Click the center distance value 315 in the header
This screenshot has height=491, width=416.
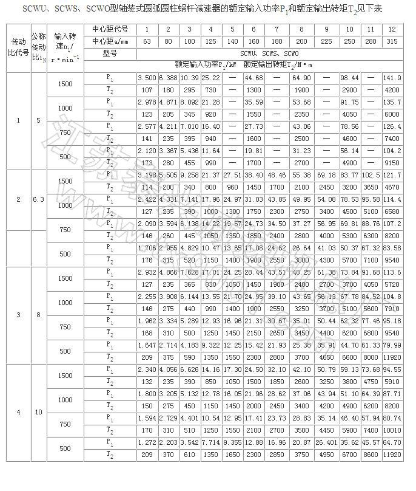coord(392,41)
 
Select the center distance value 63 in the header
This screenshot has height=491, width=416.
coord(147,41)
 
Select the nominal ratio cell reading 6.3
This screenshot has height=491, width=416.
coord(38,199)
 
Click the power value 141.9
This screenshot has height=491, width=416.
coord(392,78)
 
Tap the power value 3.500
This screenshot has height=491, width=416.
coord(147,78)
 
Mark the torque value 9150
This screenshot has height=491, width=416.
coord(392,163)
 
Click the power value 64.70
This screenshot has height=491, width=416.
coord(392,442)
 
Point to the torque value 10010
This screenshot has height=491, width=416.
coord(392,430)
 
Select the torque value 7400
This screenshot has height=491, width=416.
coord(392,138)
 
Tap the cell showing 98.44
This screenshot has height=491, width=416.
coord(349,78)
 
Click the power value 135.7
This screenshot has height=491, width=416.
coord(392,102)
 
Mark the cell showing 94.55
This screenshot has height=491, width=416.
coord(392,369)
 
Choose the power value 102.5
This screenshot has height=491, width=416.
coord(371,175)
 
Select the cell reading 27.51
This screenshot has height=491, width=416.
coord(232,175)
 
